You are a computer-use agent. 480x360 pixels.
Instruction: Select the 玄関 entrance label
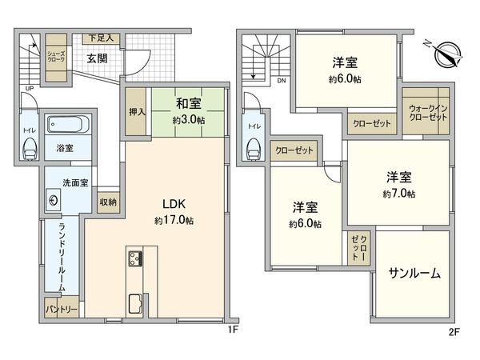(x=98, y=58)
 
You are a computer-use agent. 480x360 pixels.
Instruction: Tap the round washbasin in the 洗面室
(x=54, y=200)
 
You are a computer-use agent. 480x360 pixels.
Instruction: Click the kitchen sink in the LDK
(x=134, y=303)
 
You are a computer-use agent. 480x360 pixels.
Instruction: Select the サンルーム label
(x=414, y=273)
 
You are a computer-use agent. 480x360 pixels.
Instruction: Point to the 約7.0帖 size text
(x=398, y=194)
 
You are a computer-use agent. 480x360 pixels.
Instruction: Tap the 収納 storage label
(x=108, y=202)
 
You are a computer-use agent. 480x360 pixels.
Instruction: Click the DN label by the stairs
(x=281, y=80)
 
